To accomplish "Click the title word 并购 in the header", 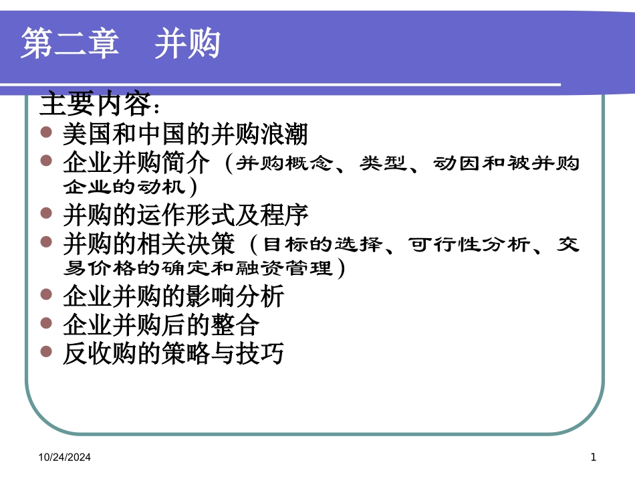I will [187, 45].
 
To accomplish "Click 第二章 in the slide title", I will [70, 45].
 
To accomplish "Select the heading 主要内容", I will [98, 105].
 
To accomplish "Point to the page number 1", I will [593, 457].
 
